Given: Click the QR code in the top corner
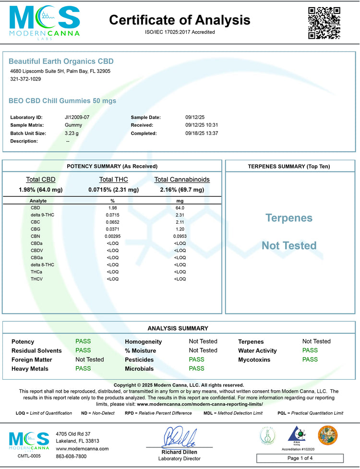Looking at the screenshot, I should [x=324, y=23].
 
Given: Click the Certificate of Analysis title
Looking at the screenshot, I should [x=180, y=20].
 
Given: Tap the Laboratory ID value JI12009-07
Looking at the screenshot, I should [x=77, y=117].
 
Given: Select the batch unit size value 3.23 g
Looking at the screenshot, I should [x=72, y=133].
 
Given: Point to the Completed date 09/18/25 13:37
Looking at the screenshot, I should [x=202, y=133].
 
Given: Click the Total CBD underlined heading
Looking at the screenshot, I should [x=41, y=180].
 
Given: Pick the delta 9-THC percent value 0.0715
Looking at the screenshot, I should [x=113, y=215].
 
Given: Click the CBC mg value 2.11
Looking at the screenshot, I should [x=180, y=222].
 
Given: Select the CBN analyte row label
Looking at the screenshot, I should [x=36, y=236].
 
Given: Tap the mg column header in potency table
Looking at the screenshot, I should [x=180, y=201].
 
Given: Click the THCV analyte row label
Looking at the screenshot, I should [x=37, y=279].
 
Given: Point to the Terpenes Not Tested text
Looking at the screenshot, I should [x=289, y=232].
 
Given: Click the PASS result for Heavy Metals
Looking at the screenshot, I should [x=83, y=369].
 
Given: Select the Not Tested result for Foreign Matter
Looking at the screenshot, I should [x=90, y=359].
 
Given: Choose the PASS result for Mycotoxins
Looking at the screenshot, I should [x=310, y=359].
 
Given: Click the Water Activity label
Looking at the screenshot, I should [x=259, y=351].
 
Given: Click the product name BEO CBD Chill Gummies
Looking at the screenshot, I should [x=62, y=101].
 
